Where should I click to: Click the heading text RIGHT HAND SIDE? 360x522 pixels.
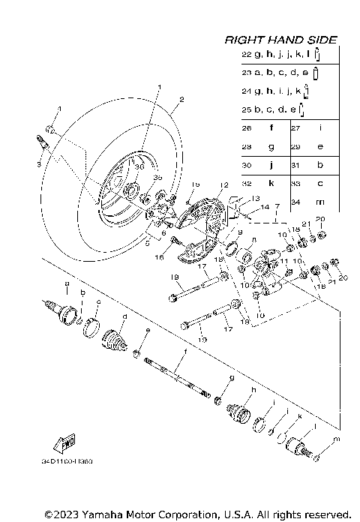coord(281,40)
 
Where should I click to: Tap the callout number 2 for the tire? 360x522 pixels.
coord(181,100)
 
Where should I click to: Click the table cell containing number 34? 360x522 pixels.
coord(298,200)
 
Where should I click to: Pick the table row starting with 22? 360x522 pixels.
coord(281,55)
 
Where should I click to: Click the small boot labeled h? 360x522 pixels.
coord(238,412)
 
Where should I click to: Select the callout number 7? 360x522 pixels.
coord(277,205)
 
